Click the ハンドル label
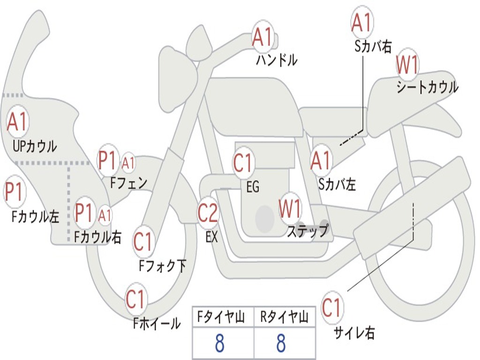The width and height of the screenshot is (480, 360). (x=277, y=60)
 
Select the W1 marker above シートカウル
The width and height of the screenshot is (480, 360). (x=407, y=65)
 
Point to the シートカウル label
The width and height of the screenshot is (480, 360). (x=427, y=87)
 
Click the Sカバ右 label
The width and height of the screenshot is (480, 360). (x=373, y=46)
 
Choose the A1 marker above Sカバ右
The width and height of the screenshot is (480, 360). (x=362, y=22)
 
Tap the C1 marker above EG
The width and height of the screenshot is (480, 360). (x=242, y=162)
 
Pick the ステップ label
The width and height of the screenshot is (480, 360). (x=307, y=231)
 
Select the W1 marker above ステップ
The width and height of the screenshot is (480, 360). (x=290, y=208)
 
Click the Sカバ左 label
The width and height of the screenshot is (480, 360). (x=337, y=184)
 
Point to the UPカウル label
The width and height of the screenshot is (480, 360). (x=35, y=146)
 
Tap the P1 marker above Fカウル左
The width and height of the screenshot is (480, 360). (x=14, y=192)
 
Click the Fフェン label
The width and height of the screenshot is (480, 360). (x=129, y=183)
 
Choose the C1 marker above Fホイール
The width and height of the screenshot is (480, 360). (x=135, y=299)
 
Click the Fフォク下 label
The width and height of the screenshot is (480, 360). (x=163, y=265)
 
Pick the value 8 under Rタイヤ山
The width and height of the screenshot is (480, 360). (x=281, y=343)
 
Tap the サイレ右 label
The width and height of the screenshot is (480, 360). (x=354, y=332)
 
